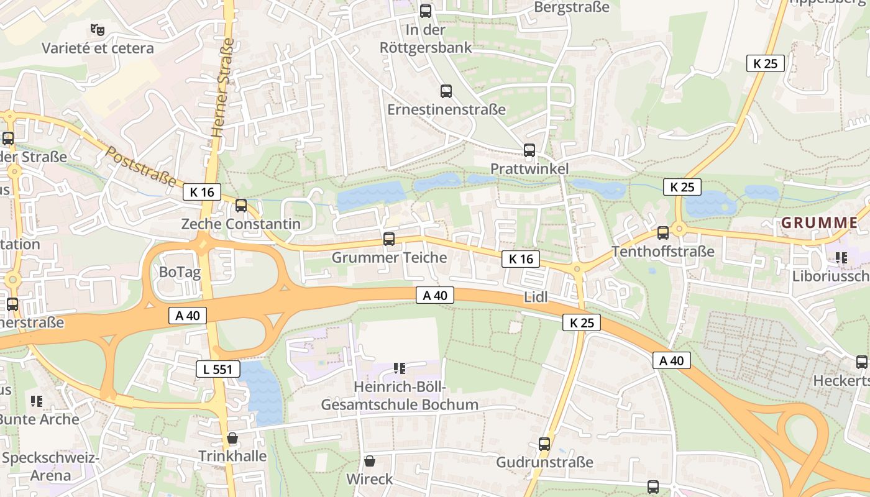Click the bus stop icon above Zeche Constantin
[241, 206]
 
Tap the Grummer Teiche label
[389, 257]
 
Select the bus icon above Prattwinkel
[529, 150]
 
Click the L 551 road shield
[217, 369]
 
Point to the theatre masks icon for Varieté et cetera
[97, 29]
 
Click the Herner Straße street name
[222, 88]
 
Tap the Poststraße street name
[140, 166]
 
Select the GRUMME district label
[819, 222]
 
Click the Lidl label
[536, 297]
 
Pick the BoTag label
[180, 272]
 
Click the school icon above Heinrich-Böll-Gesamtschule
[400, 368]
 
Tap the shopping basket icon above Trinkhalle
[232, 438]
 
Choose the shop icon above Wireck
[370, 461]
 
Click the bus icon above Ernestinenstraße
[446, 91]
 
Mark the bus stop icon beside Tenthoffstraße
[663, 233]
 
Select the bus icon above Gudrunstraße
[544, 444]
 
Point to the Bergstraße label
[572, 7]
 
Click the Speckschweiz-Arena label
[51, 467]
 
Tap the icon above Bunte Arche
[37, 401]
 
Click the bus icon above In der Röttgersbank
[425, 11]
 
